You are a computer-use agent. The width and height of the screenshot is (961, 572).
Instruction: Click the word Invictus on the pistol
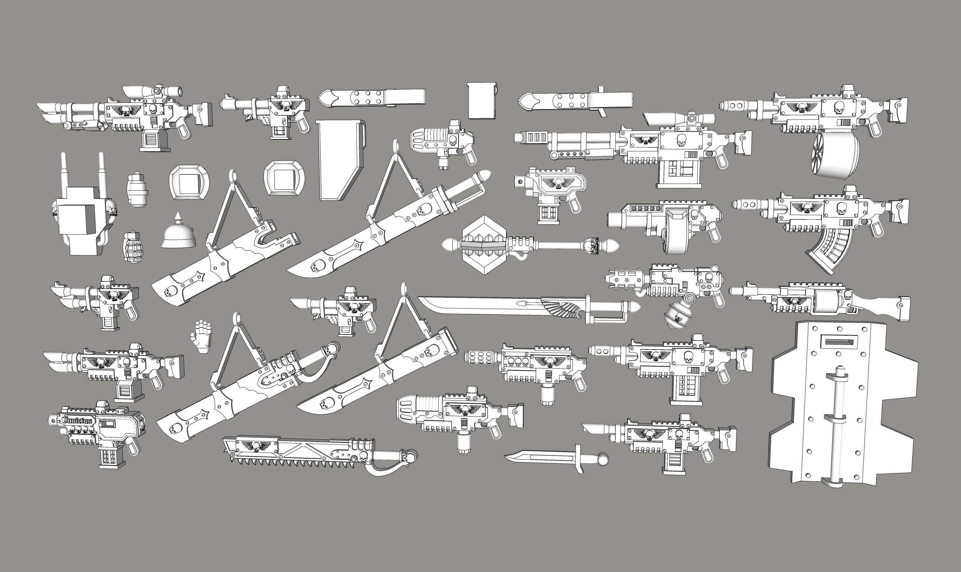click(78, 420)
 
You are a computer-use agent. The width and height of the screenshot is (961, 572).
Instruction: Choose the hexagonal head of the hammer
click(484, 245)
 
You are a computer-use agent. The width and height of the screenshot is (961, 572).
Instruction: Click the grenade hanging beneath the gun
click(677, 315)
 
